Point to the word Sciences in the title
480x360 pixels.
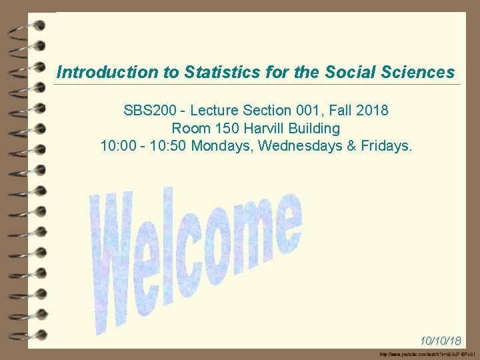[x=417, y=72]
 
